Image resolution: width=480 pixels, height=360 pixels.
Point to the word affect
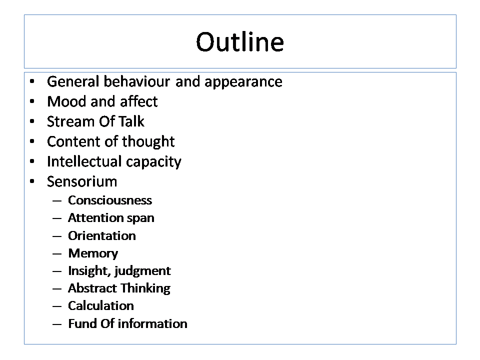(x=139, y=101)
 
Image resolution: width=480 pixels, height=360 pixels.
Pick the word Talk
(x=131, y=121)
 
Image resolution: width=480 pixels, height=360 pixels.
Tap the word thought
(x=148, y=142)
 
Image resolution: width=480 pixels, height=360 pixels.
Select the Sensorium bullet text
(x=82, y=181)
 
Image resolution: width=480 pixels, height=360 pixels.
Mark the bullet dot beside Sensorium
(x=32, y=181)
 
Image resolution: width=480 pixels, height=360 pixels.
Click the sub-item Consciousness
(x=110, y=200)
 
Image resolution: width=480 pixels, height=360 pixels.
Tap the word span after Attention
(x=140, y=218)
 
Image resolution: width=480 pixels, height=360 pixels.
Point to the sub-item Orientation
(x=102, y=235)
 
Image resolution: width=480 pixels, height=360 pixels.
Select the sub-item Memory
(x=93, y=254)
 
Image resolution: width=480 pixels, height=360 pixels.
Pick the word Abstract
(x=92, y=288)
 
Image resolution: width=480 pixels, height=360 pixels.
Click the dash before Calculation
(x=57, y=306)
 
